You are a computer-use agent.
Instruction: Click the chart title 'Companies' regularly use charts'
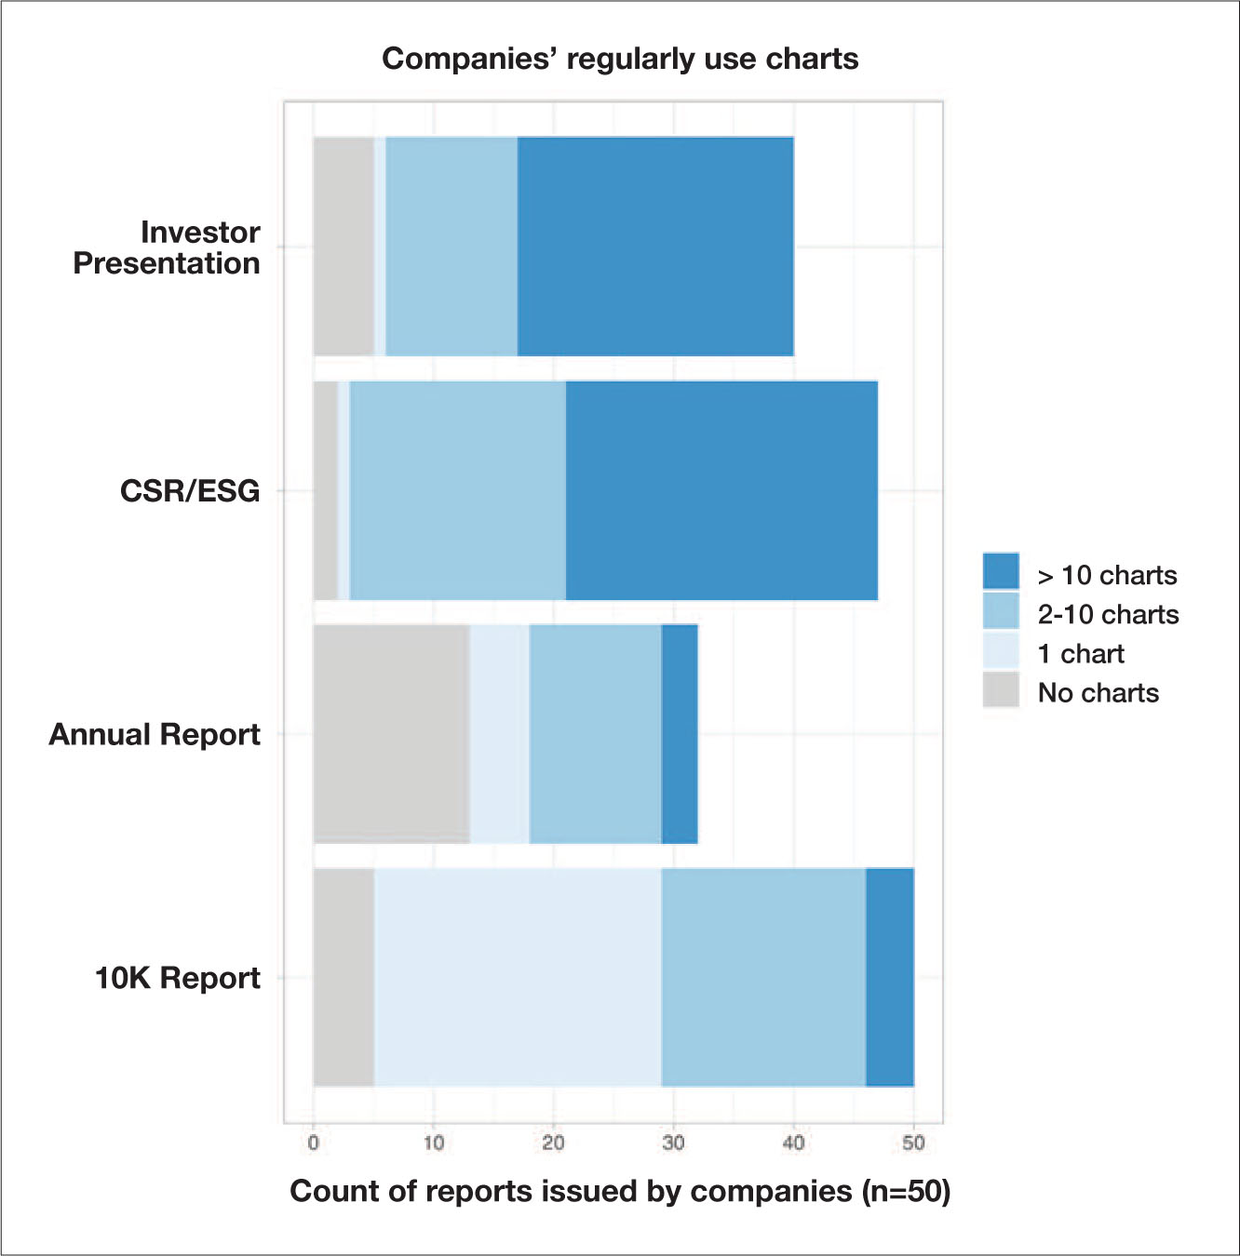click(x=620, y=59)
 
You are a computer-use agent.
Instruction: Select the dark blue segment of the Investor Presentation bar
click(x=655, y=247)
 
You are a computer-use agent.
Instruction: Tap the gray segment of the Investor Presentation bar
click(x=344, y=247)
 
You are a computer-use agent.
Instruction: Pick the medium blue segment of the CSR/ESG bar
click(x=457, y=490)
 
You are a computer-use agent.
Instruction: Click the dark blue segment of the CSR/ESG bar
click(x=721, y=490)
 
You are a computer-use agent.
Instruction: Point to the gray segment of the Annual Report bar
click(x=391, y=734)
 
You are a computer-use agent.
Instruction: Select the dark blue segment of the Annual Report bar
click(x=680, y=734)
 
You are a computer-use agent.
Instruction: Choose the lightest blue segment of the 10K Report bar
click(x=518, y=977)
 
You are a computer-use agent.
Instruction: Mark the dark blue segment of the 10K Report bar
click(x=890, y=977)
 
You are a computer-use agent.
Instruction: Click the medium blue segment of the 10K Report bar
click(x=763, y=977)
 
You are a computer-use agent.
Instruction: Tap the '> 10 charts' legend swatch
click(x=1001, y=571)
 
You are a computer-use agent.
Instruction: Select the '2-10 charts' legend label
click(x=1108, y=615)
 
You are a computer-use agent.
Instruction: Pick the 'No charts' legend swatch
click(x=1001, y=690)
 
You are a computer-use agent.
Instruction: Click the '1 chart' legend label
click(x=1081, y=654)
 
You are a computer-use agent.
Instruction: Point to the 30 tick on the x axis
click(x=673, y=1142)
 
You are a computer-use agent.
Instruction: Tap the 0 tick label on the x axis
click(x=314, y=1142)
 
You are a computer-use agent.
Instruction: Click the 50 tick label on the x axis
click(x=913, y=1142)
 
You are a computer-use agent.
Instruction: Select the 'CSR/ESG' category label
click(x=190, y=490)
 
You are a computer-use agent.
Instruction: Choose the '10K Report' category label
click(x=178, y=978)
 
